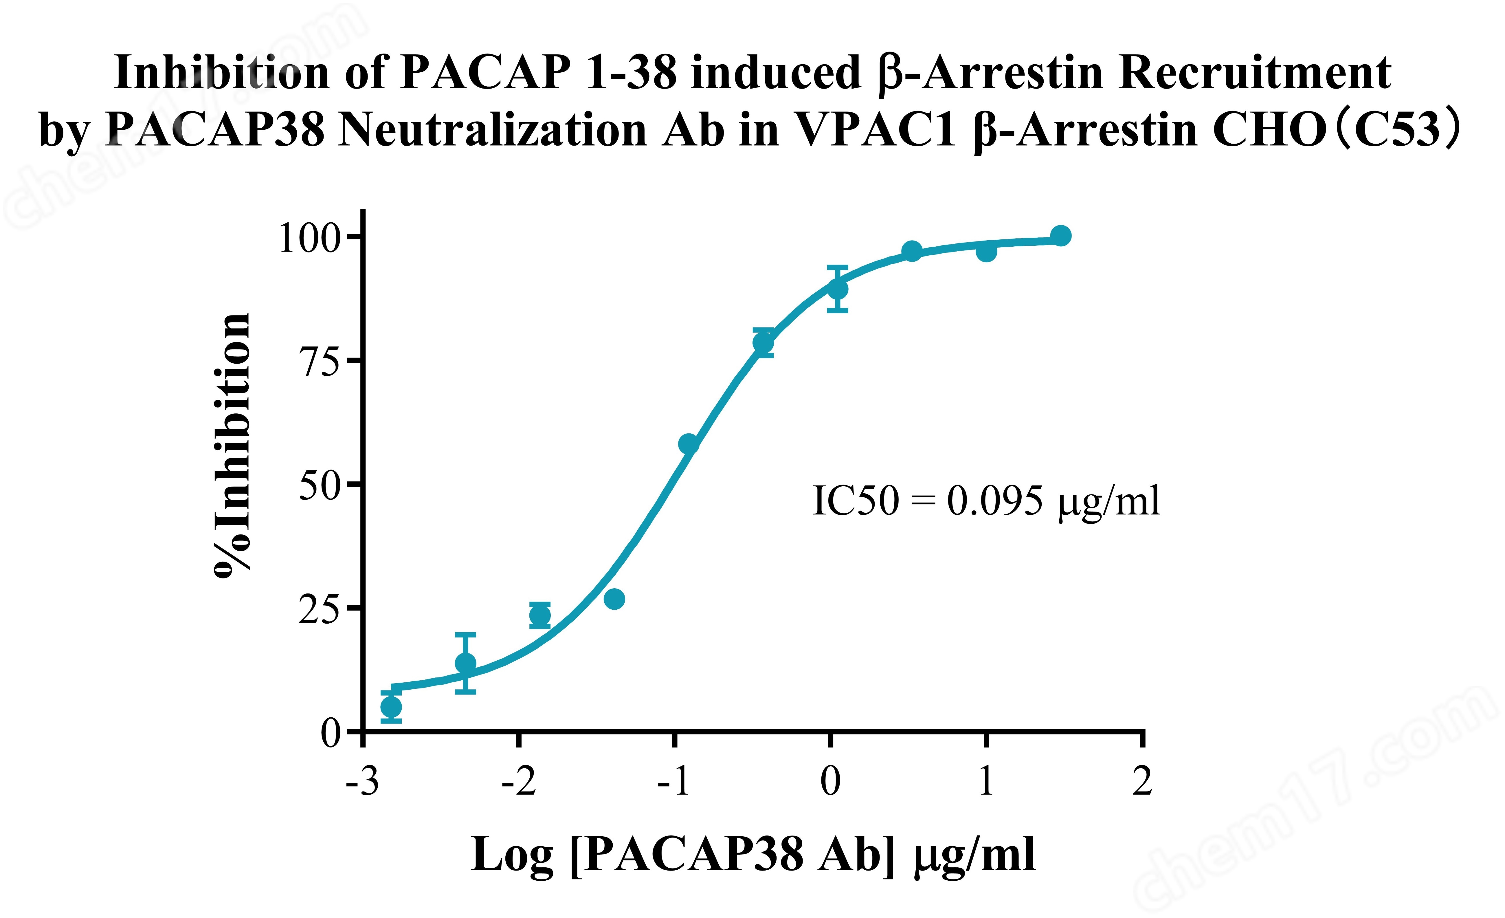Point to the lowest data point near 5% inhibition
(x=391, y=707)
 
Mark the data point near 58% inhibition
(x=688, y=444)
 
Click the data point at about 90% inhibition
(x=837, y=289)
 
